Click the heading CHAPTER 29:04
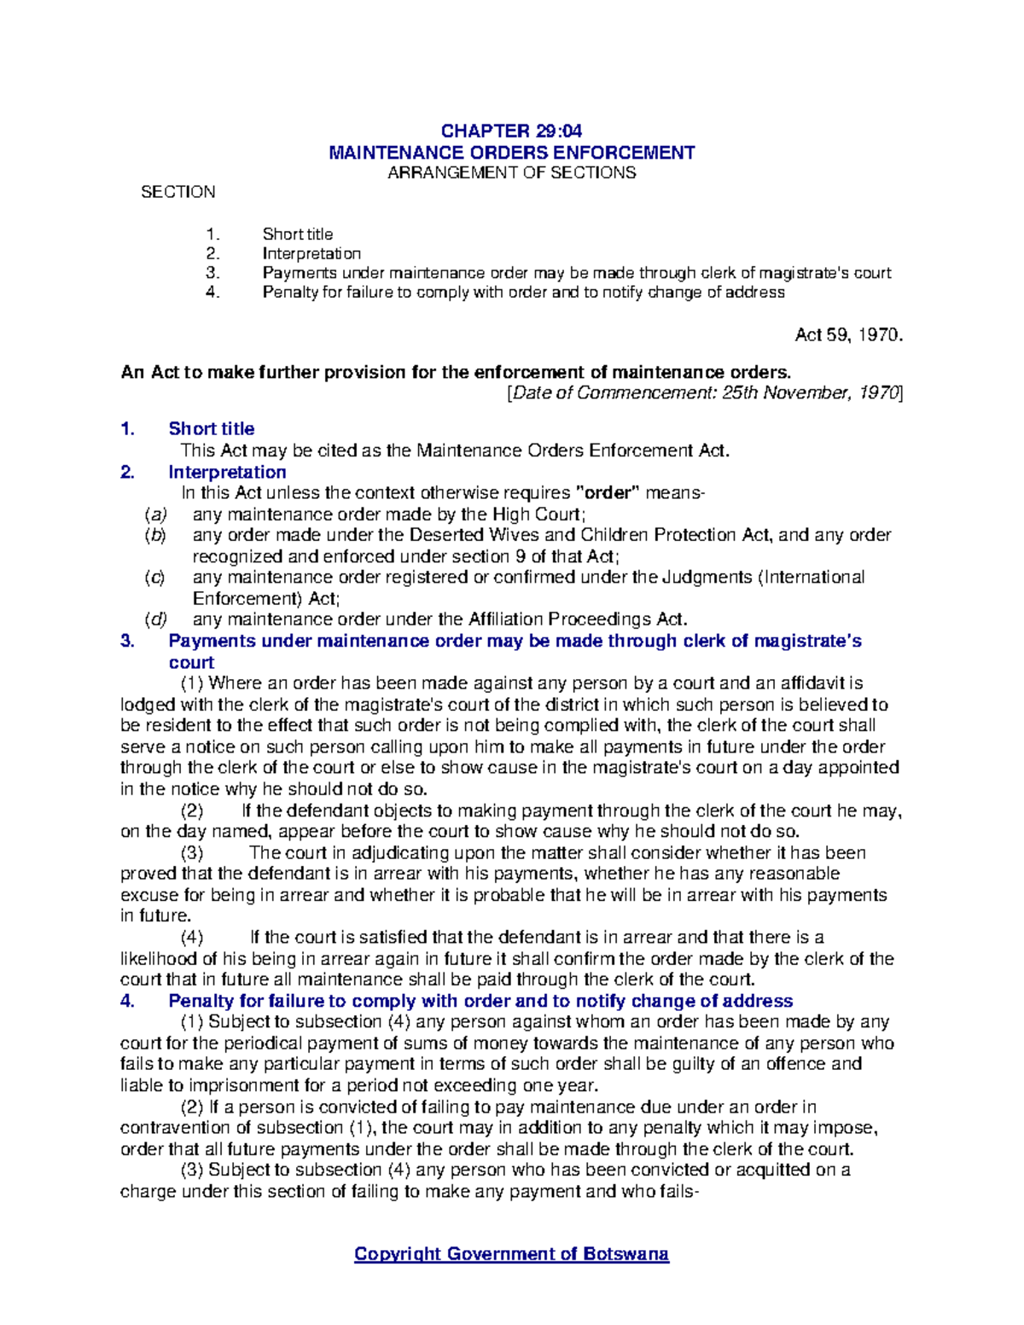click(511, 131)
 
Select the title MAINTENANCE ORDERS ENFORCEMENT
click(511, 153)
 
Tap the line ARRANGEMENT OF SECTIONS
click(511, 173)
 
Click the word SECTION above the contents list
click(177, 192)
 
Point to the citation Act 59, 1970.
click(847, 335)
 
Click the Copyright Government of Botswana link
click(511, 1253)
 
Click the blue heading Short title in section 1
click(212, 428)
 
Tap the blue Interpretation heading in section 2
click(227, 472)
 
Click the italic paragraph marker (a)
click(155, 514)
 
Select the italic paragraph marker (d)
click(155, 619)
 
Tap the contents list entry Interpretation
click(311, 253)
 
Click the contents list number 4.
click(212, 293)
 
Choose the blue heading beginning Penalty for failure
click(480, 1001)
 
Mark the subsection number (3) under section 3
click(192, 852)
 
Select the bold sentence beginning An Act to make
click(457, 372)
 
